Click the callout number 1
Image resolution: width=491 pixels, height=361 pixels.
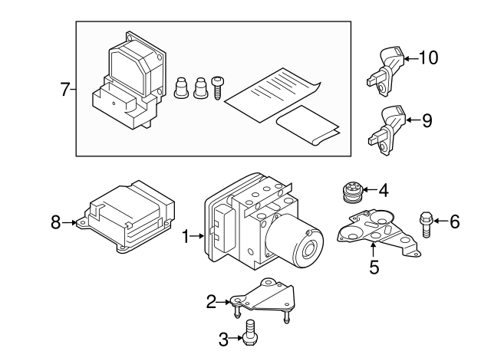(186, 238)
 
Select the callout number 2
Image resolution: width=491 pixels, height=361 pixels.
(211, 302)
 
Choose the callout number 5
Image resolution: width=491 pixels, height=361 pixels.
(374, 267)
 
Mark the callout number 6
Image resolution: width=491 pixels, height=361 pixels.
(454, 223)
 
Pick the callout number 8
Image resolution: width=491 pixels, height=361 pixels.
(55, 222)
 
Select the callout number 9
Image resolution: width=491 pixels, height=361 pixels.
(427, 120)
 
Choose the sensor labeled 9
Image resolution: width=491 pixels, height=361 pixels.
(387, 125)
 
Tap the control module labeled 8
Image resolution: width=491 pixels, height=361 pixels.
(128, 218)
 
